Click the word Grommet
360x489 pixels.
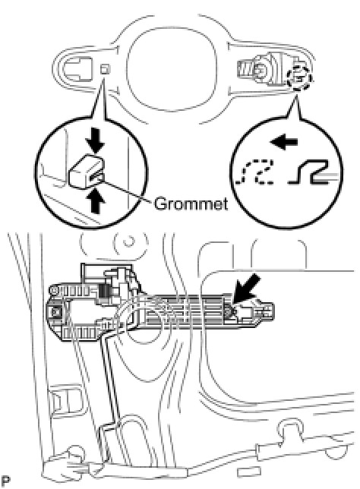coord(191,204)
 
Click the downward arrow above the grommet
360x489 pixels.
coord(96,145)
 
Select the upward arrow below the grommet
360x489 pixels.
coord(97,202)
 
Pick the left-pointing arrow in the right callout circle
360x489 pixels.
coord(284,143)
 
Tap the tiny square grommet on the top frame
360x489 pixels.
coord(106,69)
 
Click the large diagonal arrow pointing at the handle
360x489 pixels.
coord(246,288)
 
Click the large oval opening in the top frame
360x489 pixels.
coord(172,71)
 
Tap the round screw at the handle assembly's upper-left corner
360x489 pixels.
coord(54,291)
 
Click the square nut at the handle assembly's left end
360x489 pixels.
coord(56,311)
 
